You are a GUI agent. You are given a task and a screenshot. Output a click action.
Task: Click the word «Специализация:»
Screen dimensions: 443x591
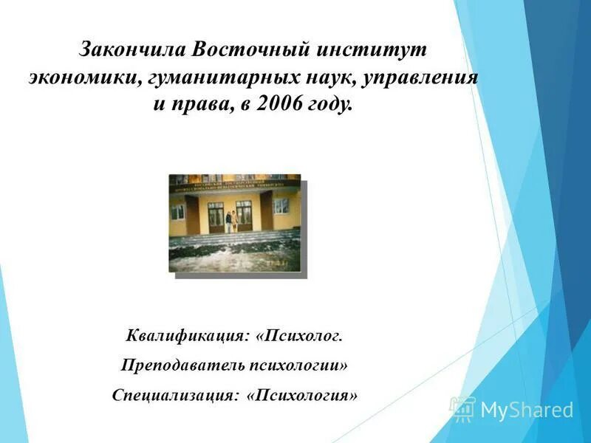pos(176,394)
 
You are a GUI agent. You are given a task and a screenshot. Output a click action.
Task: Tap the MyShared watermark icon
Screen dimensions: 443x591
pos(462,408)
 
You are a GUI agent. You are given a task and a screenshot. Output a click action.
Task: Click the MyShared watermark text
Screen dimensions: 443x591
pos(527,410)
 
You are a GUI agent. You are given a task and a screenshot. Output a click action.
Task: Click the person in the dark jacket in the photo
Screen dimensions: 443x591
pos(228,222)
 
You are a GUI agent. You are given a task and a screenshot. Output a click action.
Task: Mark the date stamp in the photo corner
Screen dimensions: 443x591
pos(278,261)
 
